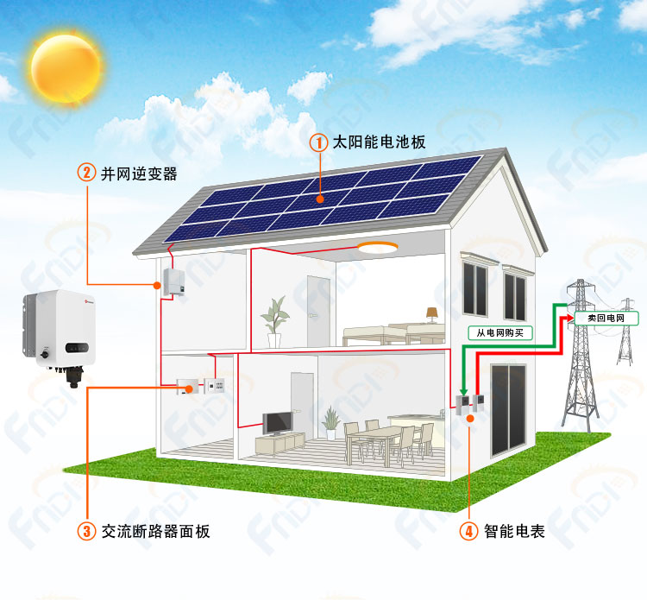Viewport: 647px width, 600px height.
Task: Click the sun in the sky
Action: pos(66,69)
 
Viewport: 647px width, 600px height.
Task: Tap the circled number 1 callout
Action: pos(319,143)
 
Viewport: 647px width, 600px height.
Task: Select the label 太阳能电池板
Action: pos(379,142)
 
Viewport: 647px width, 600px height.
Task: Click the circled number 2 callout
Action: pos(86,172)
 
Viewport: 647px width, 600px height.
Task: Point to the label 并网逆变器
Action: pos(139,174)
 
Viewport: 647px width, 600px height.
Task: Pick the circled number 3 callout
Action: pos(86,531)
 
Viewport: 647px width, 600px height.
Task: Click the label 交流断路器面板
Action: pos(156,532)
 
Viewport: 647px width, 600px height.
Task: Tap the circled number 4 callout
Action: pos(469,531)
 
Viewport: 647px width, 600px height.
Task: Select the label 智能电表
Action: pos(514,532)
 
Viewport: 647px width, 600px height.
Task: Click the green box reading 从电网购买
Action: pos(500,333)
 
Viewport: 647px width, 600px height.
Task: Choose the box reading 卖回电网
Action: pos(606,318)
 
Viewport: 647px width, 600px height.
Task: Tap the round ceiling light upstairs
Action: pos(377,247)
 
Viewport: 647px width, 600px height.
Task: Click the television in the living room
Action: pos(278,423)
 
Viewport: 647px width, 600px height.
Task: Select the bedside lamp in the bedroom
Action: pos(432,314)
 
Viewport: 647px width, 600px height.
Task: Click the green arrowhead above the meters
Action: pos(463,391)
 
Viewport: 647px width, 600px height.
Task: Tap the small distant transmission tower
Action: pos(626,332)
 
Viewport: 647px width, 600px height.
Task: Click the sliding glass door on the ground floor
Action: pos(508,409)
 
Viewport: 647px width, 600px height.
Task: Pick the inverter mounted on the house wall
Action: pos(173,282)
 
